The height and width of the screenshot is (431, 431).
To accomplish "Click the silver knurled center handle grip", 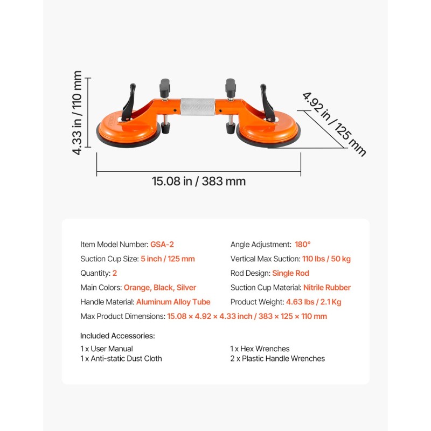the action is coord(198,107).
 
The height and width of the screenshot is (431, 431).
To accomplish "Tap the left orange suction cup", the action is coord(128,130).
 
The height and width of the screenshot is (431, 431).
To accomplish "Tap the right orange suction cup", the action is coord(268,131).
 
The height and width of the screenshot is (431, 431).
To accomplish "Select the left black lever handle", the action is coord(129,102).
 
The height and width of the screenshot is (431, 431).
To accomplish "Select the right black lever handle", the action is coord(268,102).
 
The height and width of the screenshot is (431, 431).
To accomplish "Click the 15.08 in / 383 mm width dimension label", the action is coord(199,182).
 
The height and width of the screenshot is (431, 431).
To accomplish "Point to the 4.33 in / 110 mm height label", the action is coord(77,113).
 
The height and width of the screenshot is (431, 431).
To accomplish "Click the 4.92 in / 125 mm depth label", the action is coord(334,124).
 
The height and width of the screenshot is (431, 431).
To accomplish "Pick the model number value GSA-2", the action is coord(162,245).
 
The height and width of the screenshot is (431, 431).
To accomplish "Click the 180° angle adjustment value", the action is coord(303,245).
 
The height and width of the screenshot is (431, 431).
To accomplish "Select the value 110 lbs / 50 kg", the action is coord(326,259).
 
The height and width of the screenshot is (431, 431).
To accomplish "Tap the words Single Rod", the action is coord(290,273).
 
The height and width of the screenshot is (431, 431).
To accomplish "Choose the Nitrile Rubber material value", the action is coord(327,288).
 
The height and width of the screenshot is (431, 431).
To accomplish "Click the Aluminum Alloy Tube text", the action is coord(173,302).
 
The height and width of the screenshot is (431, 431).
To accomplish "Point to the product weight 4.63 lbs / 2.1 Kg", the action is coord(314,302).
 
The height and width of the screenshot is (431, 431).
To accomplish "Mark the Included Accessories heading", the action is coord(117,336).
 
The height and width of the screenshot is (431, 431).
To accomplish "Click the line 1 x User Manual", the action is coord(107,349).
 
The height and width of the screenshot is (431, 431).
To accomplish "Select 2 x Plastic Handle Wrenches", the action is coord(277,358).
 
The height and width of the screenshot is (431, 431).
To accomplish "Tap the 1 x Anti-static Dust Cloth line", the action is coord(121,358).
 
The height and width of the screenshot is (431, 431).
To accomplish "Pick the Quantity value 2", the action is coord(115,273).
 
